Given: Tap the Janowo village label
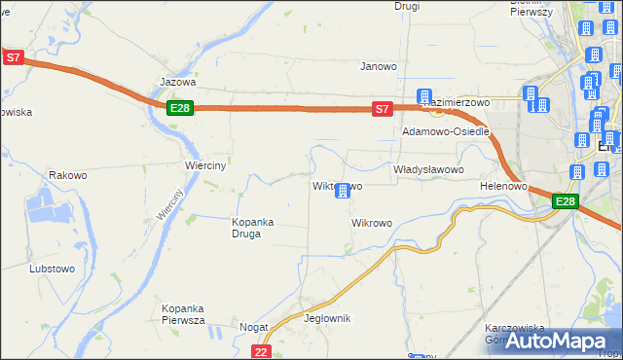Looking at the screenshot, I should (379, 67).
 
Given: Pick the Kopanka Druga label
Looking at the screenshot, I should (252, 228).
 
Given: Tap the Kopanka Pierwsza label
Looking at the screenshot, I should (182, 314).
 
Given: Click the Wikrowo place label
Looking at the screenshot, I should (371, 223).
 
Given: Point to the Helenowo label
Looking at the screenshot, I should (503, 186).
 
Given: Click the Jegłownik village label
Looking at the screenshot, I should (327, 319).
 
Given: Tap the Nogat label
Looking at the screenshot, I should (253, 328).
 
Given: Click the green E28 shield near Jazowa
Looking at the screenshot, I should (178, 108).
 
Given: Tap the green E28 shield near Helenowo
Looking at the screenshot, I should (566, 201).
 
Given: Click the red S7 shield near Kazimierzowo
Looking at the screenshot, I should (384, 110).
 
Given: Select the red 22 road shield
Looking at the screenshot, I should (260, 351).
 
